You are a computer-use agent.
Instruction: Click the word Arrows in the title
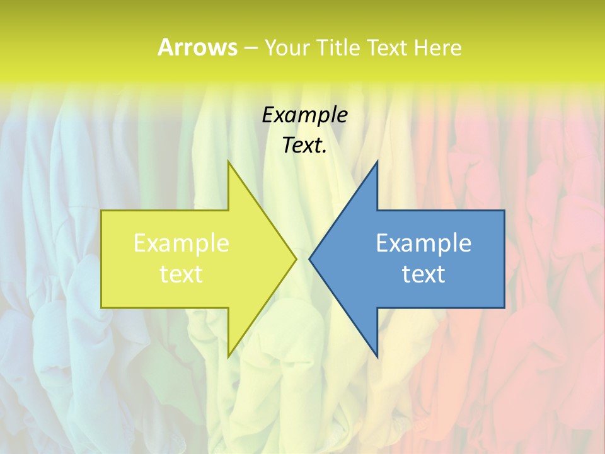click(x=197, y=47)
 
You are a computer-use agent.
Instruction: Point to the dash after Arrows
click(x=250, y=49)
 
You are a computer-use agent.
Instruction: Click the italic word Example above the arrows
click(x=304, y=115)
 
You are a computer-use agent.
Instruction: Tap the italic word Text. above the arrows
click(x=304, y=146)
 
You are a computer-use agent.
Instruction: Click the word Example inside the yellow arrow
click(x=181, y=243)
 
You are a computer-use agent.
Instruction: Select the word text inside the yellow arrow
click(x=181, y=274)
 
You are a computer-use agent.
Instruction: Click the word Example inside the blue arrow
click(x=423, y=243)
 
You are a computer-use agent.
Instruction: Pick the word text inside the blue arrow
click(x=423, y=274)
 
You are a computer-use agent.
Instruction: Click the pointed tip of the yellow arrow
click(x=296, y=259)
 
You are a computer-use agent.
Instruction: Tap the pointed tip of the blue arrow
click(x=310, y=259)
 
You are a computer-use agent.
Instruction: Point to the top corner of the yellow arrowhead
click(x=229, y=162)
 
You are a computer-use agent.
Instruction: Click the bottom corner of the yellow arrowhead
click(x=229, y=356)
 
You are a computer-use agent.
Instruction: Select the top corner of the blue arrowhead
click(x=377, y=162)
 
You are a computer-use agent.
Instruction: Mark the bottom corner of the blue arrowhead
click(x=377, y=356)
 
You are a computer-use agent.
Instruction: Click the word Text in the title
click(x=387, y=47)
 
